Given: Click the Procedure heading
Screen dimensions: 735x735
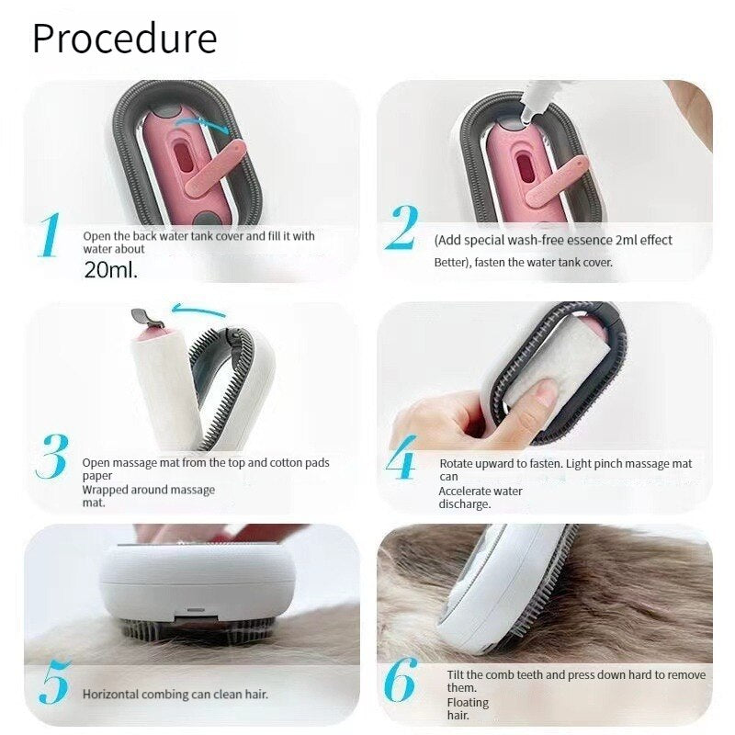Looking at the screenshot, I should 125,39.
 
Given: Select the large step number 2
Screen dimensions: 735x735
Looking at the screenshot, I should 401,228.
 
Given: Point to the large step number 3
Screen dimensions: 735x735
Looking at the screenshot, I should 53,457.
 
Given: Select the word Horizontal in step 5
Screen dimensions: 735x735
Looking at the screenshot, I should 109,695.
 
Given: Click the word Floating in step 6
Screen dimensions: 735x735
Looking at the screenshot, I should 468,703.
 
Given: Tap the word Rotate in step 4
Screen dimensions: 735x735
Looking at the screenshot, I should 457,464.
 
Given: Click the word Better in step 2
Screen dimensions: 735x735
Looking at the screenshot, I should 451,263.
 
